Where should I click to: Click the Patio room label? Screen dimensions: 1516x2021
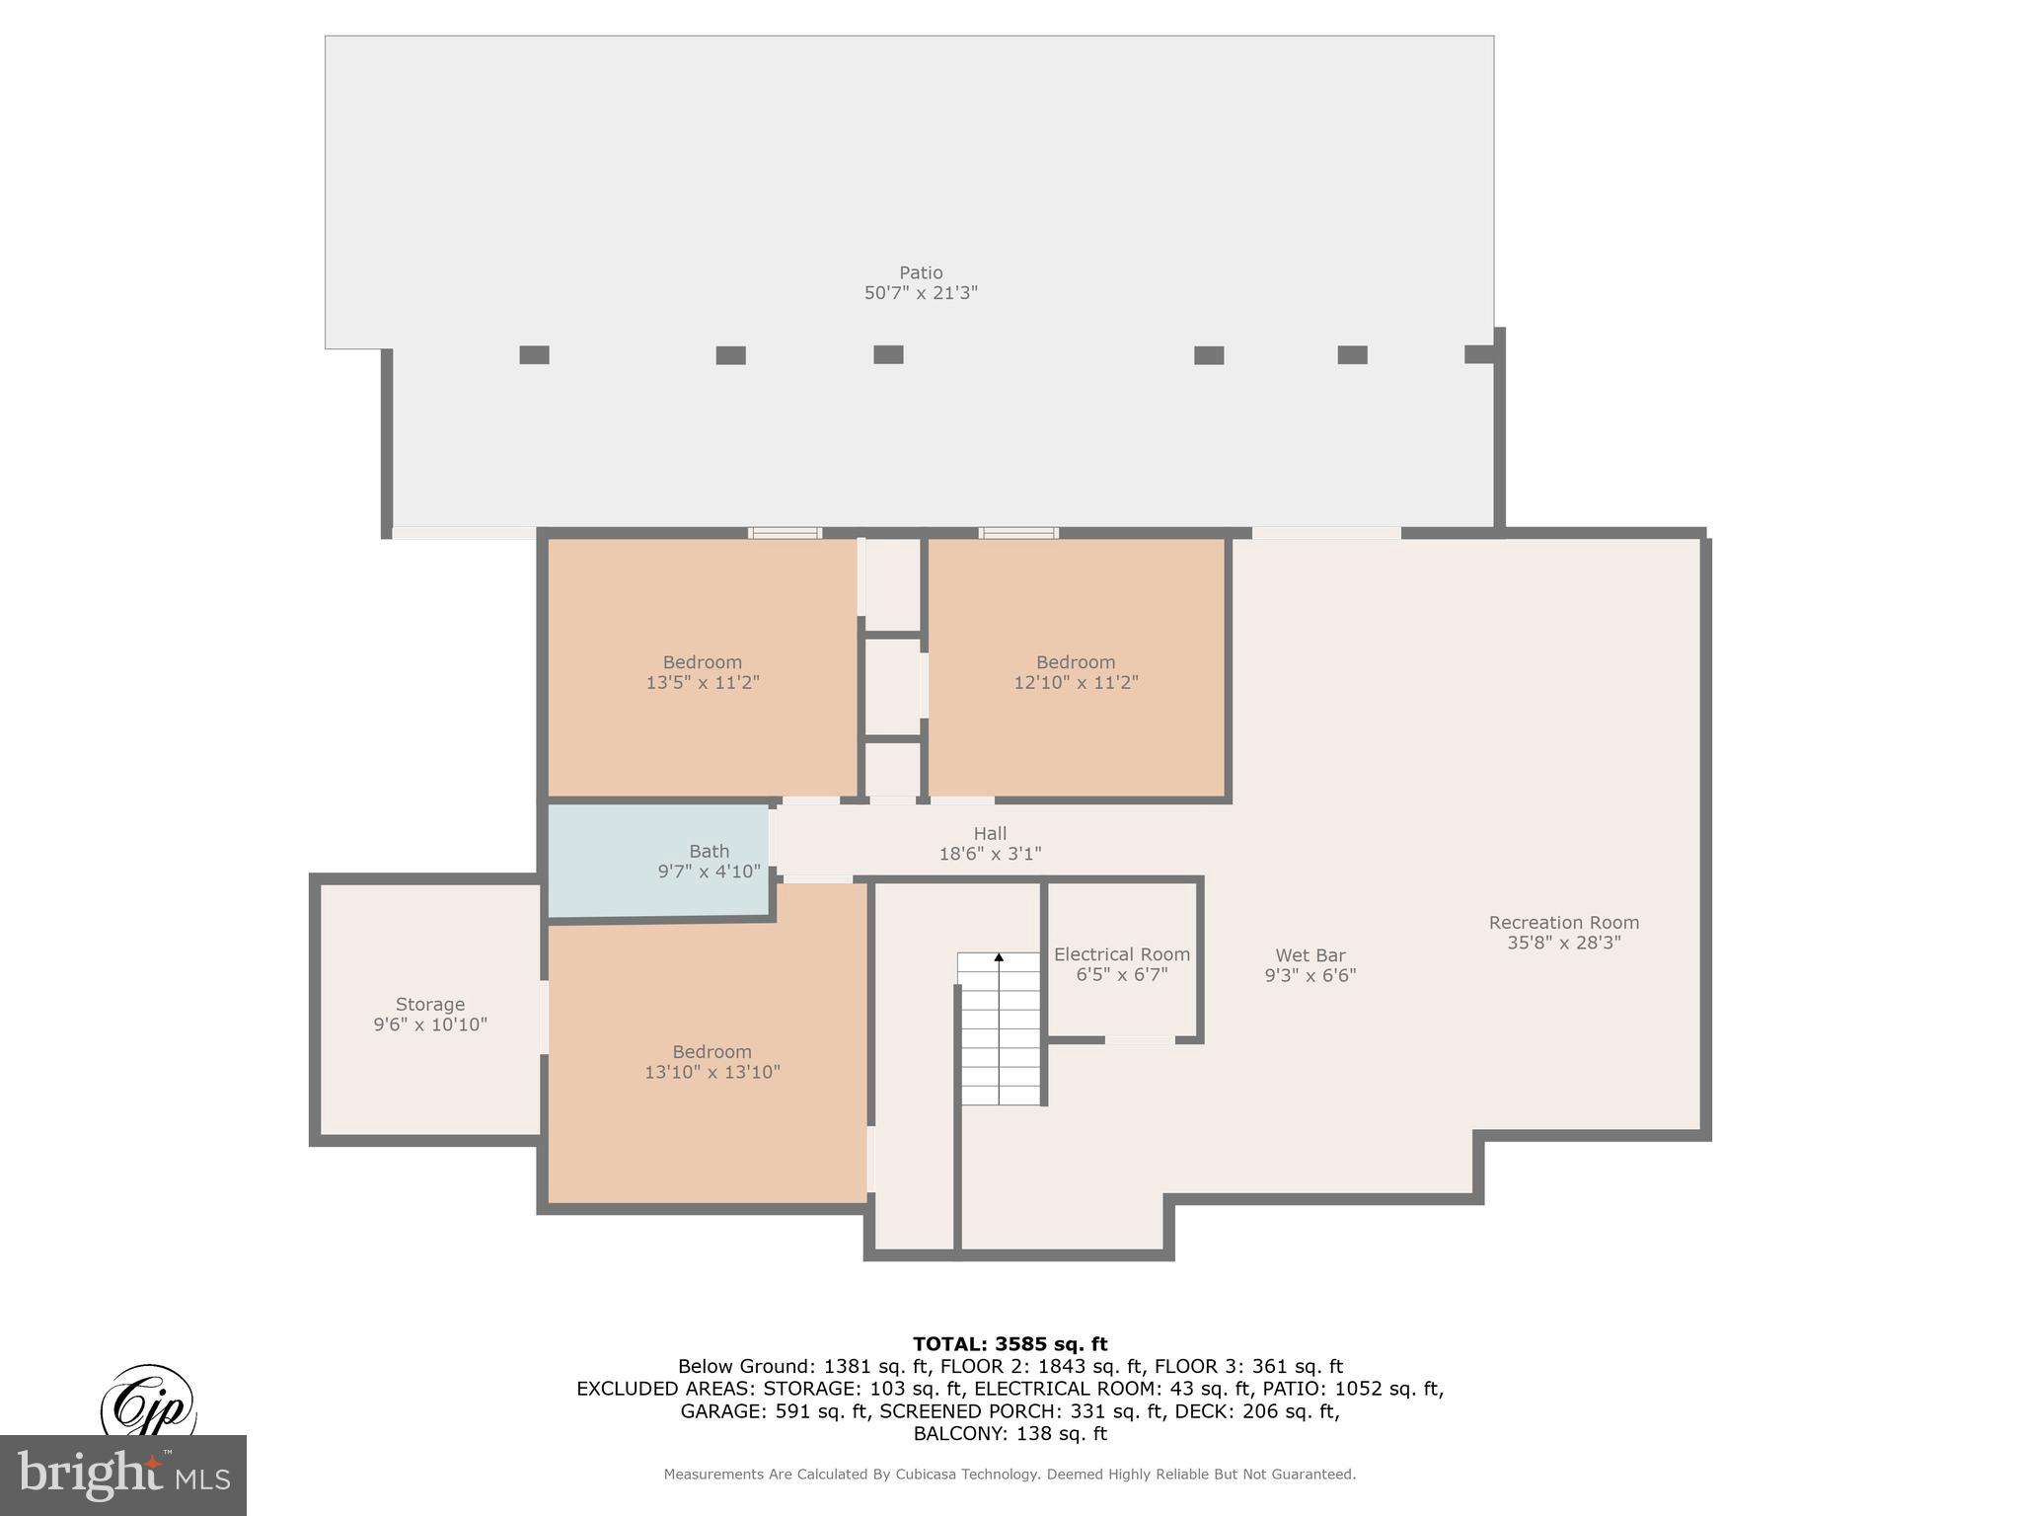coord(920,272)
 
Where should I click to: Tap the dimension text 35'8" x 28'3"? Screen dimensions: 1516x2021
coord(1563,943)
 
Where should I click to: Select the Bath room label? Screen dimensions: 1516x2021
coord(709,851)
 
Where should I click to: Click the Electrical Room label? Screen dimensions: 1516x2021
coord(1121,954)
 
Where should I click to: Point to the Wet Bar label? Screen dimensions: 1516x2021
coord(1310,955)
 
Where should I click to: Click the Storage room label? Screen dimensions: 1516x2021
coord(429,1004)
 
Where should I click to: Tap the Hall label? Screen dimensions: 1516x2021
coord(989,834)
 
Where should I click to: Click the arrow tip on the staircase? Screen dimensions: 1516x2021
coord(999,956)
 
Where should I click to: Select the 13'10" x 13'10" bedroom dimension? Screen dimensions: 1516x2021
coord(711,1072)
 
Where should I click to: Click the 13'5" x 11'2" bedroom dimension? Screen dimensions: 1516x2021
coord(702,682)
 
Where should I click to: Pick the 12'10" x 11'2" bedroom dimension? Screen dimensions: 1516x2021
coord(1075,682)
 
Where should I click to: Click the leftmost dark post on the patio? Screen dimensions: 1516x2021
coord(534,355)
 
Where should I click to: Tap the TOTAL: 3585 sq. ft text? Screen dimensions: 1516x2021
coord(1010,1344)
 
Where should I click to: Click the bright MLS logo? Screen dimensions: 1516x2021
coord(122,1476)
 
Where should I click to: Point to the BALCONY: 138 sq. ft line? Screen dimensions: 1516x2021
coord(1010,1433)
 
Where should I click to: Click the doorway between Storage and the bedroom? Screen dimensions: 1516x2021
coord(544,1017)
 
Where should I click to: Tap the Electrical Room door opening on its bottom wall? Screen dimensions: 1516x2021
coord(1139,1040)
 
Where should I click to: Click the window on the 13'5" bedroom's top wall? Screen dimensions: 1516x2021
coord(785,533)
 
